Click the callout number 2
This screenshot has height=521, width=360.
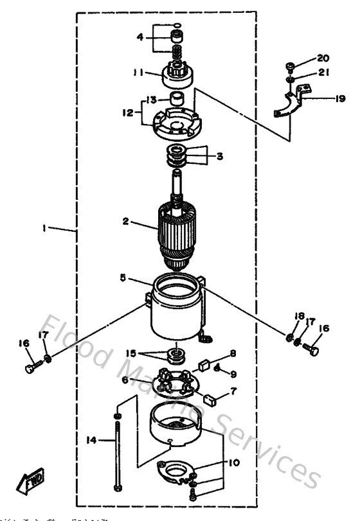pos(127,222)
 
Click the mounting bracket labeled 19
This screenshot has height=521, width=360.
pos(289,103)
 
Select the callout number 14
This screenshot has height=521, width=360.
pos(92,440)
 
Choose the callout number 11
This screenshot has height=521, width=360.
pos(139,73)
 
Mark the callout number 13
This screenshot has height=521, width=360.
pos(150,100)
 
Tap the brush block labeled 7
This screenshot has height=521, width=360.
pos(209,399)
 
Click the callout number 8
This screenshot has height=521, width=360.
pos(233,353)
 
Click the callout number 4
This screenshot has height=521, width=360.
pos(140,37)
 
